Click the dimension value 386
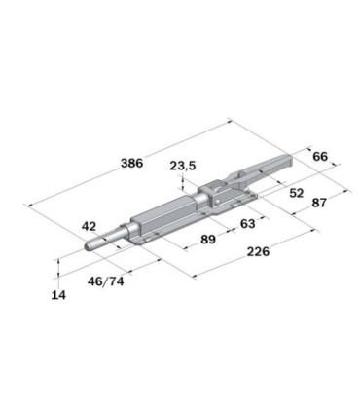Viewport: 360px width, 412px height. (x=131, y=163)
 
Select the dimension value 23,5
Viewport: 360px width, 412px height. (x=183, y=166)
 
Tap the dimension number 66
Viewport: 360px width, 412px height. (x=320, y=157)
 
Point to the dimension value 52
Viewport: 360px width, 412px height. (x=297, y=193)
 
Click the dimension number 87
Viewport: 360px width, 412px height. (x=319, y=203)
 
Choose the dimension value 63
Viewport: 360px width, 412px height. (x=248, y=224)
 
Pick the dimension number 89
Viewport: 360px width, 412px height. (x=208, y=240)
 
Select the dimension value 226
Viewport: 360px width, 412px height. (x=258, y=251)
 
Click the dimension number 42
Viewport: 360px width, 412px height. (x=89, y=226)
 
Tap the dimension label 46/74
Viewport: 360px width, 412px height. (x=106, y=281)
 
